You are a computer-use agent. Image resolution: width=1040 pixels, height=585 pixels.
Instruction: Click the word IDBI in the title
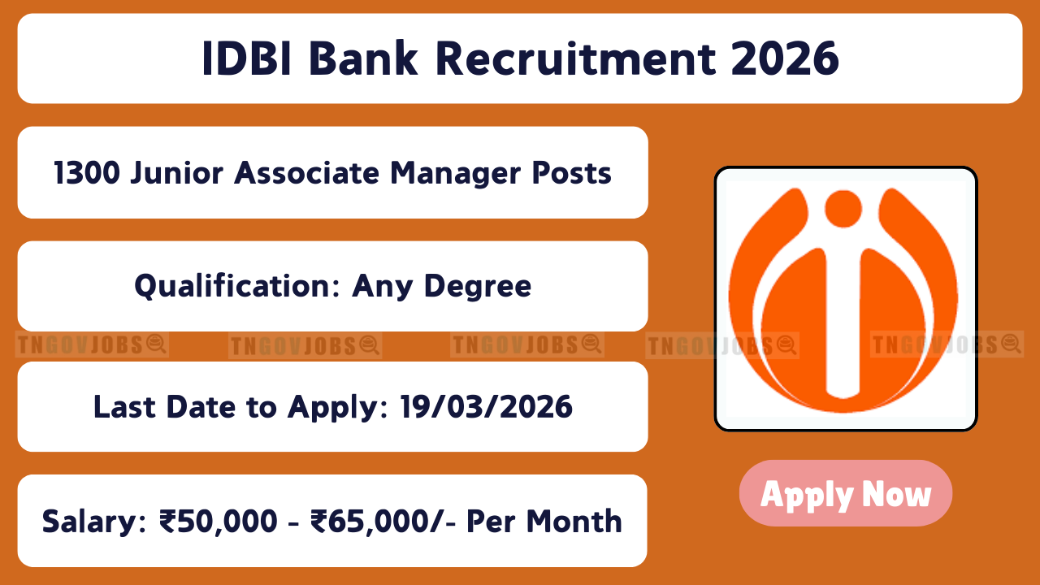246,58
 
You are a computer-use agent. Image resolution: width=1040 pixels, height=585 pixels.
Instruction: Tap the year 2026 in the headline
785,58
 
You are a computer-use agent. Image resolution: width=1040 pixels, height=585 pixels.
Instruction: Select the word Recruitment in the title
576,58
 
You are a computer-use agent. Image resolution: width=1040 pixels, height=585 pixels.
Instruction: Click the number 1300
87,173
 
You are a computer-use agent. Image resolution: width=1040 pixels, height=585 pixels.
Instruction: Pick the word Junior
177,173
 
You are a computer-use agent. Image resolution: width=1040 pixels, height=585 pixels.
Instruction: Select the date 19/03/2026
486,407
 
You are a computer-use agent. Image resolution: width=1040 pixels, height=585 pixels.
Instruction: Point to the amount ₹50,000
219,522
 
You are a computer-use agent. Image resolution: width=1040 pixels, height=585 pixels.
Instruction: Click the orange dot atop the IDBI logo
843,209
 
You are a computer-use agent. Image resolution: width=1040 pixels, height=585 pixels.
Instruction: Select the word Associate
307,173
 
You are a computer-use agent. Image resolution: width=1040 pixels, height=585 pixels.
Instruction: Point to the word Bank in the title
363,58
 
